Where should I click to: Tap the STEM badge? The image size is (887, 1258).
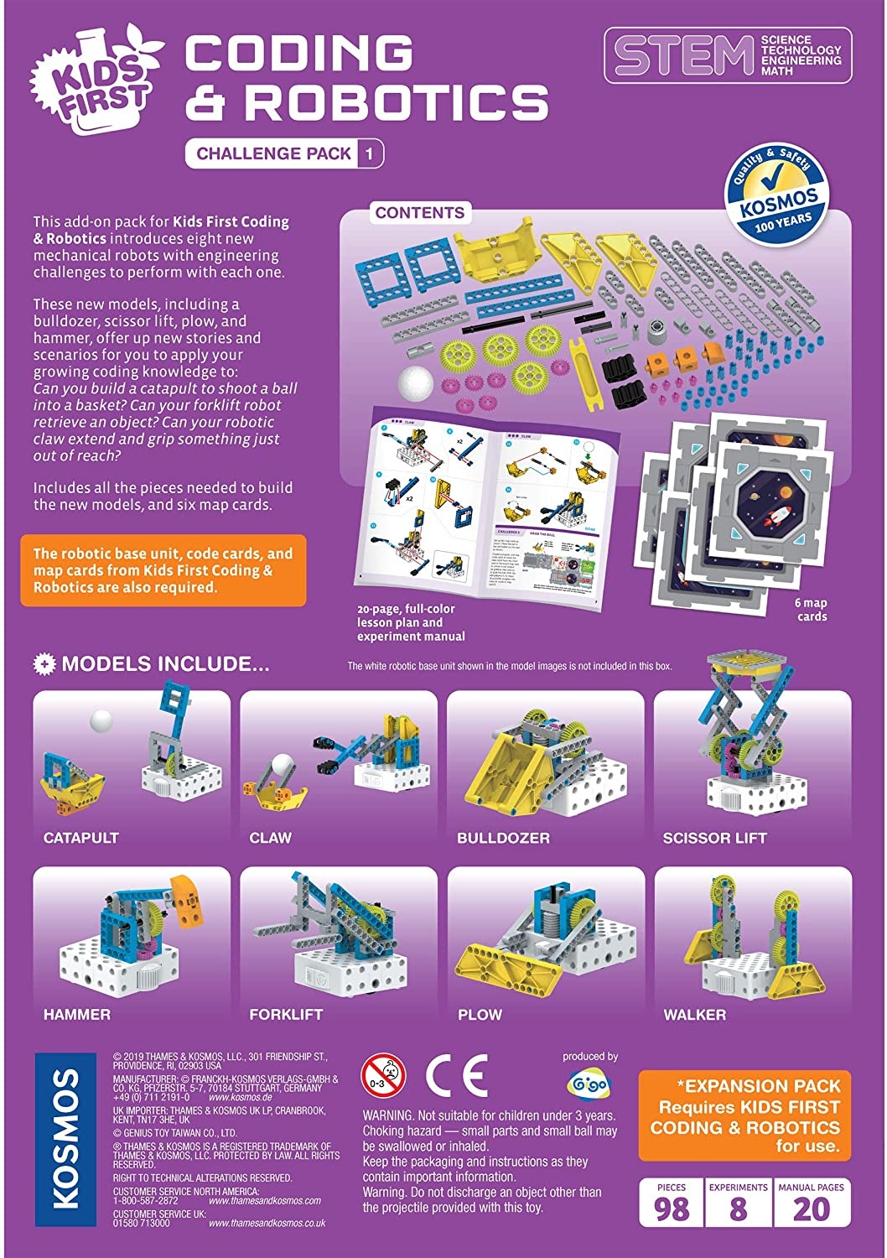pos(727,55)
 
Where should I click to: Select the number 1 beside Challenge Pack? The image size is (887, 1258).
pos(370,153)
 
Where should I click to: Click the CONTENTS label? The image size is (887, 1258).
pos(419,213)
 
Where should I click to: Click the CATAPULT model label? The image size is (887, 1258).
pos(81,838)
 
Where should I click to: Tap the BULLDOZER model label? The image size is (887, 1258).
pos(503,838)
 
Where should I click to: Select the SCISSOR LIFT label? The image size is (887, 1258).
pos(714,838)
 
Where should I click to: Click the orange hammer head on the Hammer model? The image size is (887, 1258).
pos(186,900)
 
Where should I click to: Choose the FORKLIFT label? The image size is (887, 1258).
pos(286,1015)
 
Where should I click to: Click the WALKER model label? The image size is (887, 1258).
pos(694,1015)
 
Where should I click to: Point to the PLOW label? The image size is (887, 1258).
pos(480,1015)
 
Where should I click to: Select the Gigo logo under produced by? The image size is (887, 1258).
pos(589,1083)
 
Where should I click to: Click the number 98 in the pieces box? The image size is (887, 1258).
pos(671,1210)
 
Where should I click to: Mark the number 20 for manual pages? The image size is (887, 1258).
pos(811,1210)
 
